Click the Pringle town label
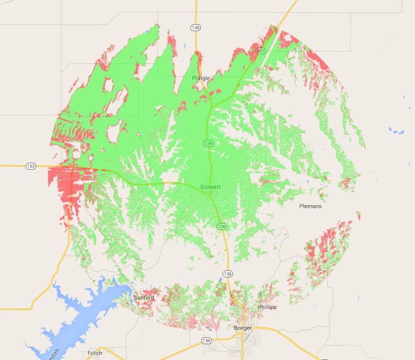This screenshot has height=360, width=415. (201, 78)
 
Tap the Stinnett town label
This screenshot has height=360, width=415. (211, 187)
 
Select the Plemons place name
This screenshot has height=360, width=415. (310, 206)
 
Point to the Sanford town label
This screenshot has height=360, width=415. (143, 298)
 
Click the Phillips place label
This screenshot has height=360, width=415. (267, 307)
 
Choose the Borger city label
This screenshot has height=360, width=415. (242, 328)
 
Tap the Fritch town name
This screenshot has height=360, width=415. (94, 353)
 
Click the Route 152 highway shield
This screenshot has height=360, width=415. (31, 166)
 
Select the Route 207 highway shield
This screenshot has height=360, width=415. (260, 50)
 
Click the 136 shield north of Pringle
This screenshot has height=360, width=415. (196, 28)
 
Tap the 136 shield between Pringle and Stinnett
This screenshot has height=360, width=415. (208, 143)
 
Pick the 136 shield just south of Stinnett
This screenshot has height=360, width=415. (222, 226)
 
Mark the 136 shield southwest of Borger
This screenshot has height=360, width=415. (206, 341)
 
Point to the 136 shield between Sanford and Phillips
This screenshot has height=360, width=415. (228, 274)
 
